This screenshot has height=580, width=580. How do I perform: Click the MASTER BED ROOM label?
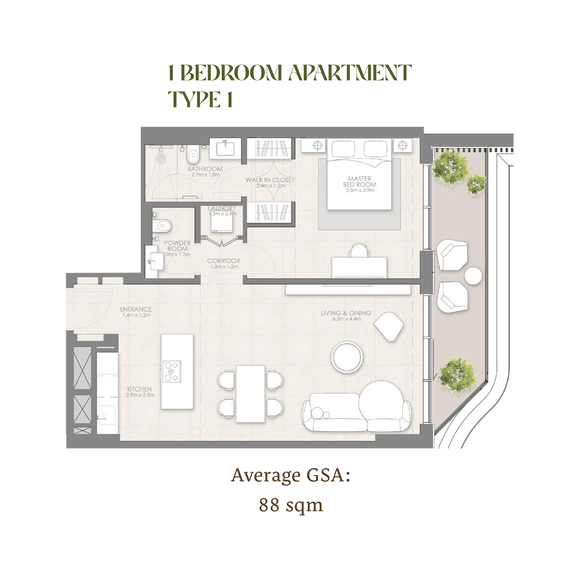[x=360, y=182]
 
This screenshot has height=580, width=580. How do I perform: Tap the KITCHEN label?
[x=139, y=389]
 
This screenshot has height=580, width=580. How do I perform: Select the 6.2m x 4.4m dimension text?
[x=347, y=319]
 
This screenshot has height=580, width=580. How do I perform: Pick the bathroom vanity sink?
[x=225, y=148]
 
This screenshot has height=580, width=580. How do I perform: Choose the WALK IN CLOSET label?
[x=270, y=180]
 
